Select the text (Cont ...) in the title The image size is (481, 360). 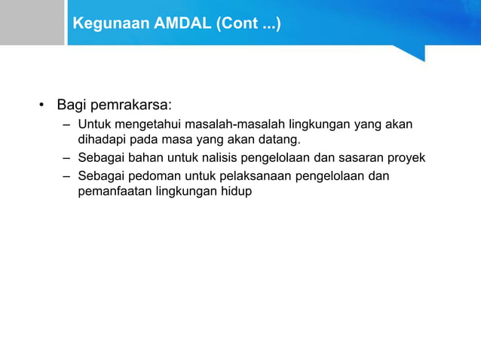pyautogui.click(x=248, y=24)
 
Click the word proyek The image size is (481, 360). pyautogui.click(x=407, y=158)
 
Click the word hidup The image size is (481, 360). pyautogui.click(x=236, y=192)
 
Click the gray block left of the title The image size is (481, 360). pyautogui.click(x=32, y=23)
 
